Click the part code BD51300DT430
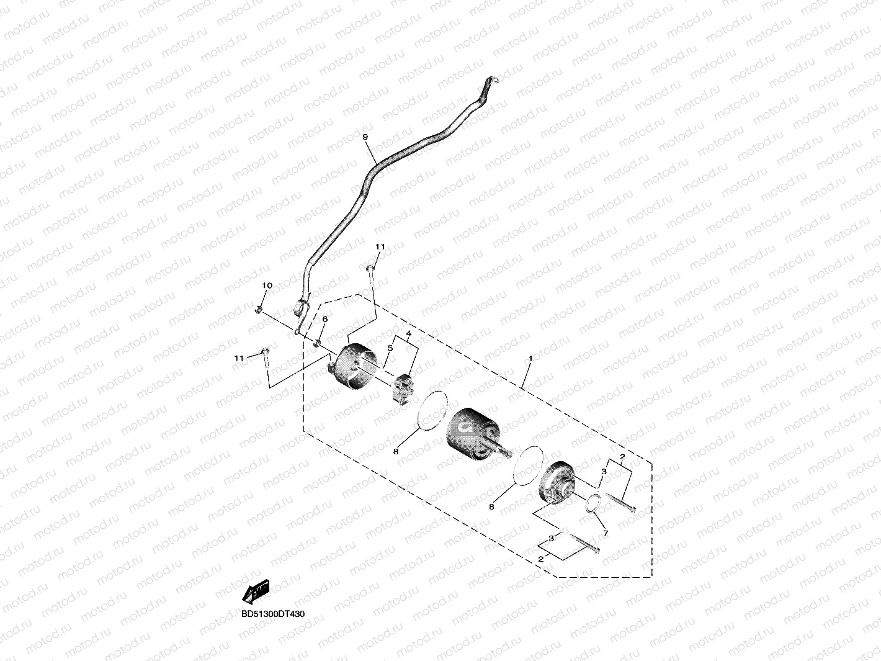(x=273, y=614)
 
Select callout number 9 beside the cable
(x=365, y=137)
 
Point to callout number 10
(x=267, y=286)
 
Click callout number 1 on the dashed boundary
(x=530, y=359)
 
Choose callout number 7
(x=606, y=534)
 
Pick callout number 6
(x=324, y=319)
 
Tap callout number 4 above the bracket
(x=409, y=334)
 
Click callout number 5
(x=390, y=349)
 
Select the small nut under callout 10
(x=259, y=308)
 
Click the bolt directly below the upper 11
(x=371, y=273)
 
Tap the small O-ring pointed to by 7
(x=594, y=505)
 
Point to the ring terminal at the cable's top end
(x=493, y=80)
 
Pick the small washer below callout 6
(x=318, y=342)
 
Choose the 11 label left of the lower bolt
(x=239, y=359)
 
